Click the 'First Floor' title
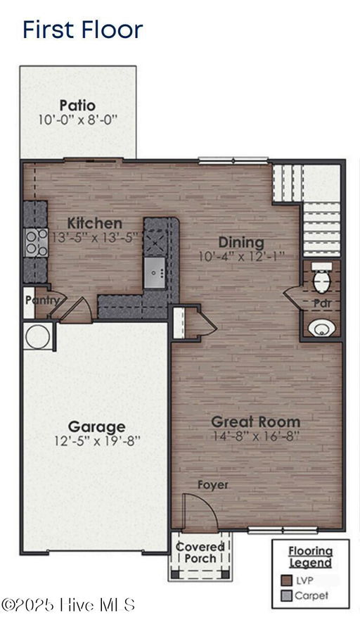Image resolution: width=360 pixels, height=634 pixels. [83, 30]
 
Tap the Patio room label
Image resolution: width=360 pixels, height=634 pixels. [77, 106]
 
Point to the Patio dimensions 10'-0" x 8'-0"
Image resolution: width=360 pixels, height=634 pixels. [77, 120]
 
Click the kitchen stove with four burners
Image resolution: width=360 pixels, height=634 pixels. [37, 243]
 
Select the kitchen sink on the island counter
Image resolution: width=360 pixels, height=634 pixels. [155, 272]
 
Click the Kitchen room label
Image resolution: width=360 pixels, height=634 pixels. [94, 223]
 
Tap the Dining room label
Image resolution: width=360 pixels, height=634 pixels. [241, 243]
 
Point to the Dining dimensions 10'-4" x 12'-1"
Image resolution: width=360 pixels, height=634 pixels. [242, 256]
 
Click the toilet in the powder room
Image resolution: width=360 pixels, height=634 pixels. [322, 278]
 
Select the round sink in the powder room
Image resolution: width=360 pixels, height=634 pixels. [321, 328]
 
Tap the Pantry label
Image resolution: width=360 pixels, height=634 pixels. [42, 300]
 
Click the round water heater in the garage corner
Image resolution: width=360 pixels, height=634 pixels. [37, 336]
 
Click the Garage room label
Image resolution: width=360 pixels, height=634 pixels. [96, 426]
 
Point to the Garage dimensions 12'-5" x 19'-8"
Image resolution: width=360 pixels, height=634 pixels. [97, 440]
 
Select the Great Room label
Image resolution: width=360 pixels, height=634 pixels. [256, 421]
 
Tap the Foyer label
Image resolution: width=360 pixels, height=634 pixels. [213, 486]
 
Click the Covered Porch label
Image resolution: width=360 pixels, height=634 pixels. [200, 553]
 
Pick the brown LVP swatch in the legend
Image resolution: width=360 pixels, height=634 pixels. [286, 581]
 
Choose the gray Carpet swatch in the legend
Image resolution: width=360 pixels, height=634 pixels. [286, 595]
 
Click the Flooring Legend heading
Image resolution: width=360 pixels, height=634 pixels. [311, 557]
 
